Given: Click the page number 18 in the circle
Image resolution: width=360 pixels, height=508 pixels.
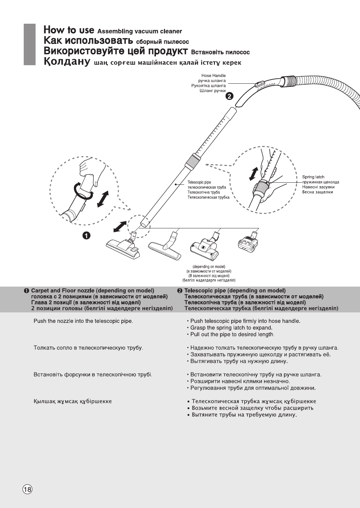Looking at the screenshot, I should tap(27, 489).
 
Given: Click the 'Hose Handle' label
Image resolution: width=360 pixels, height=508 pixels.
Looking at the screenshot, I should tap(213, 75).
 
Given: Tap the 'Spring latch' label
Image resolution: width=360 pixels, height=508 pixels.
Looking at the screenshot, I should tap(313, 177).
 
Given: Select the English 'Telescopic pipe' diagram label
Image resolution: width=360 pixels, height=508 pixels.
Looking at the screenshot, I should tap(199, 182).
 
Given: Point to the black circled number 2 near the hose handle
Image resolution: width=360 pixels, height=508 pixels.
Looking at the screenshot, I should tap(229, 96).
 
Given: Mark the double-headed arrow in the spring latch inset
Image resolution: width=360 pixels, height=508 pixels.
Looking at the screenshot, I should tap(254, 174).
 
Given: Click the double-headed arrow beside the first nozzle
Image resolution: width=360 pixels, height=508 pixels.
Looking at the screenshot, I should tap(120, 227).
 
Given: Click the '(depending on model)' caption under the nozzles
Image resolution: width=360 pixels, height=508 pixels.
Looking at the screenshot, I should tap(209, 267).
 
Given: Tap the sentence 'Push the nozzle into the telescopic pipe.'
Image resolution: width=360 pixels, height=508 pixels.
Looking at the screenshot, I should tap(83, 321).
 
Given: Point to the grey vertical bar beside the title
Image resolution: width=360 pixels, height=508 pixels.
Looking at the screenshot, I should tap(30, 44).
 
